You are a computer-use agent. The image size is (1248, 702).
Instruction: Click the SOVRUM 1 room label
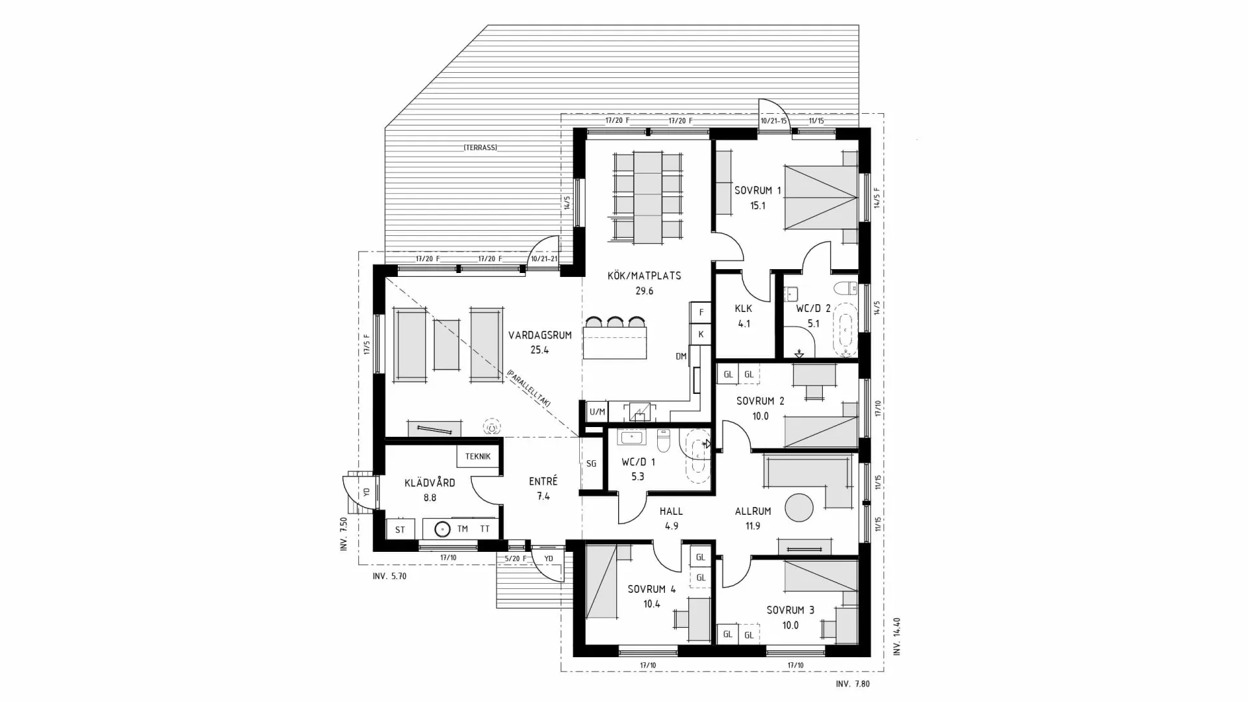point(757,190)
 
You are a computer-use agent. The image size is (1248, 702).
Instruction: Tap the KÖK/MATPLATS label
point(644,276)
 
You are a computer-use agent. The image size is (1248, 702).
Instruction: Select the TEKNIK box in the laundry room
point(478,456)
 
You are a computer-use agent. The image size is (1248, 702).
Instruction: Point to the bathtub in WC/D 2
point(845,330)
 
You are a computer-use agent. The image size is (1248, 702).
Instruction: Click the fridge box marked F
point(701,313)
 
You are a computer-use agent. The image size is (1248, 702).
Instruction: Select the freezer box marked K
point(701,334)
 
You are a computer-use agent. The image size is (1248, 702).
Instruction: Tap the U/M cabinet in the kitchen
point(597,411)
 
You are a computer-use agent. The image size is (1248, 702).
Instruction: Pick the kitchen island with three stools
point(615,343)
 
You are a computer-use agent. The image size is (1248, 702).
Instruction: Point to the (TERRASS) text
point(480,148)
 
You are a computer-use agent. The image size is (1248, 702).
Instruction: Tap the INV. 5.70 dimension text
point(389,576)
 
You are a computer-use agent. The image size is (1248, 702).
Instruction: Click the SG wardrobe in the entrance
point(591,463)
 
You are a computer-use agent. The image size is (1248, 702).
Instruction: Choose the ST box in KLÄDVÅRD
point(400,529)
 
